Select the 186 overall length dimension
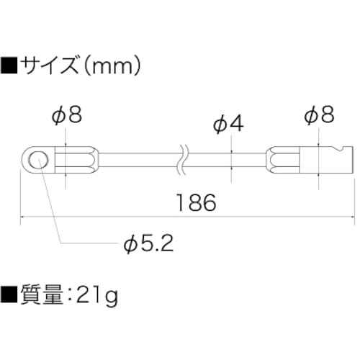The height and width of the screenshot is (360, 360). pyautogui.click(x=195, y=203)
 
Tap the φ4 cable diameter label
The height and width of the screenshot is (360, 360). pyautogui.click(x=229, y=124)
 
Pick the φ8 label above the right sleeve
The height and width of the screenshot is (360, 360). pyautogui.click(x=320, y=114)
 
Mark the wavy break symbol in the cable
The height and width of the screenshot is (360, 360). pyautogui.click(x=182, y=159)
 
